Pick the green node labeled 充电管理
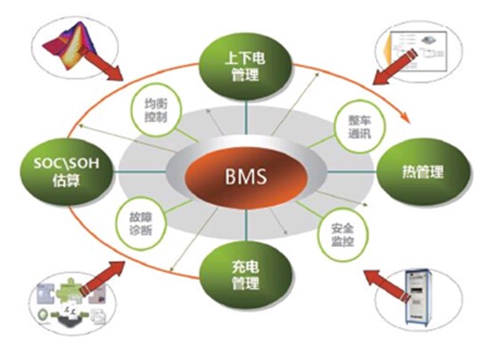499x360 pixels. point(243,274)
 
